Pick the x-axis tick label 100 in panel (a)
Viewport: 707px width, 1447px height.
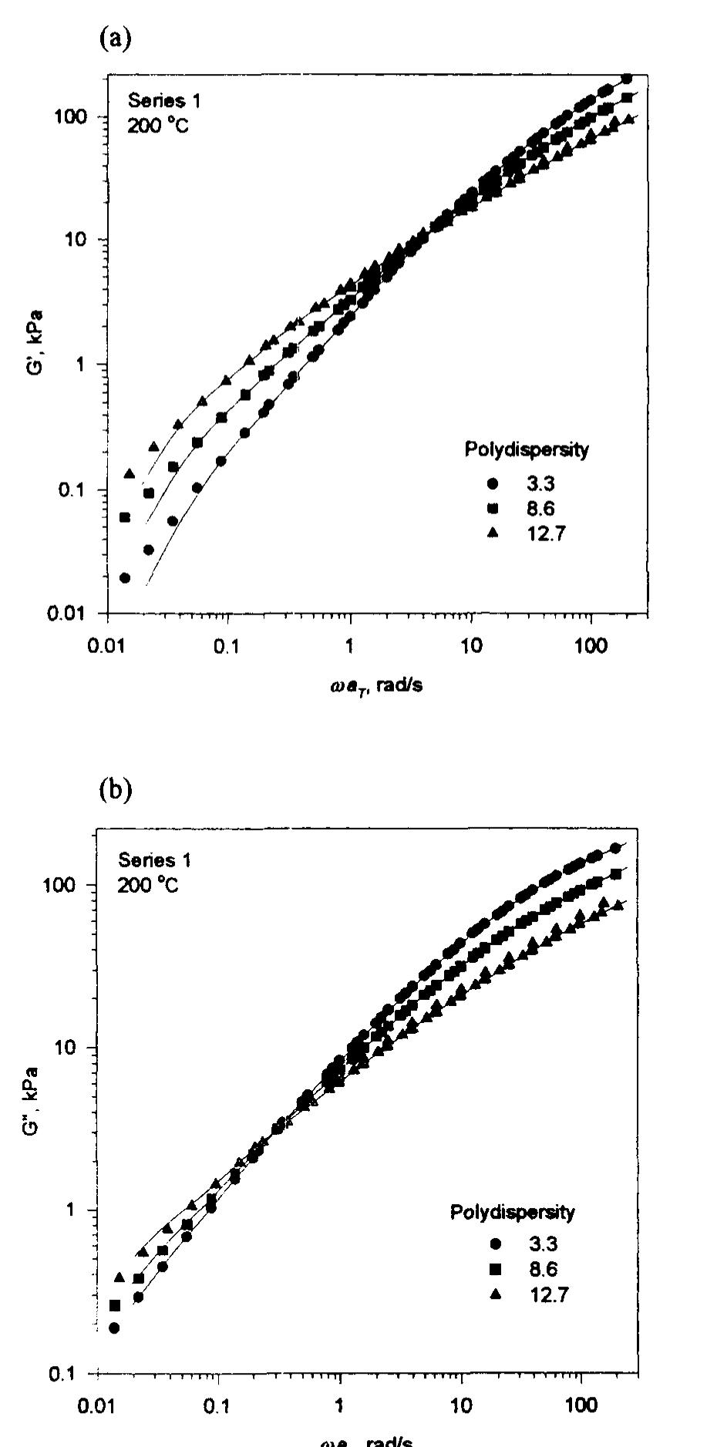(591, 644)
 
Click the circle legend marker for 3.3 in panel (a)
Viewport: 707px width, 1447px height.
(493, 484)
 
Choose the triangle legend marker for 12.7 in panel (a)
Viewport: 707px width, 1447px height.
(493, 533)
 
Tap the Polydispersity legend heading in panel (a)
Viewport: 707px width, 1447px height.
(526, 450)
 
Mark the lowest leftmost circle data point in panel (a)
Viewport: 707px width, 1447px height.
(125, 577)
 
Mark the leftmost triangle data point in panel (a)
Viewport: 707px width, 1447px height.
(130, 473)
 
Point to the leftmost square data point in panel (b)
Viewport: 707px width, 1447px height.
(115, 1305)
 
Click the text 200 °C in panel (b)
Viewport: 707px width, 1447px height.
(148, 885)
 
